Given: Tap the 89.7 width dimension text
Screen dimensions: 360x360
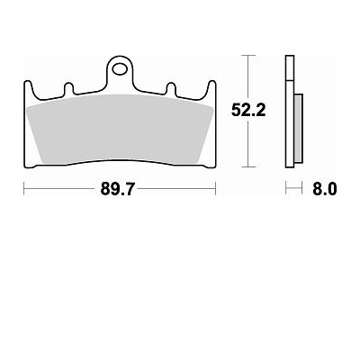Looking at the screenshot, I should tap(118, 189).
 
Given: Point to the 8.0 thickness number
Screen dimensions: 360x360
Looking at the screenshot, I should tap(324, 189).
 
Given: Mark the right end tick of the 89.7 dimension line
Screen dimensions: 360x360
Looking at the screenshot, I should tap(216, 189).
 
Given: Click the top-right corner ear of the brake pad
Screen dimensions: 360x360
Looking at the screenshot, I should tap(212, 86).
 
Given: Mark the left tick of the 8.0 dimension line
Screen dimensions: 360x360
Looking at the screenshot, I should tap(286, 189).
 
